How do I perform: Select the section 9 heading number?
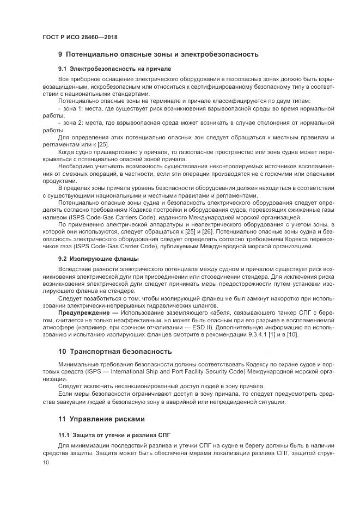coord(60,54)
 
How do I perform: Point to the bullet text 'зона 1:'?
coord(72,108)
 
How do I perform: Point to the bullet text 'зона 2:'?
coord(72,123)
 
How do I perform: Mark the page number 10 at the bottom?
coord(46,462)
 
